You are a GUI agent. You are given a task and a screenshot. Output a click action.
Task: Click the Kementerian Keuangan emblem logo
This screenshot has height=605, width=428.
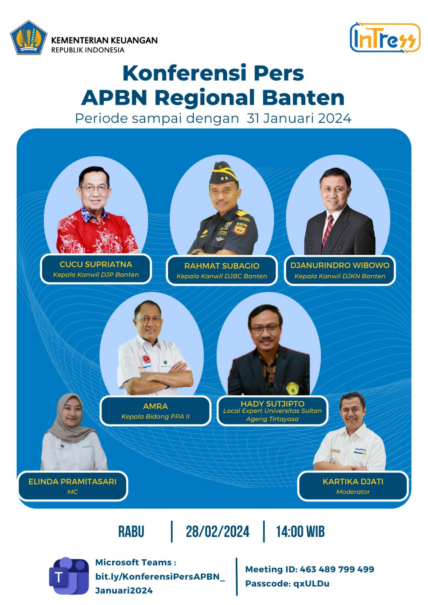tap(29, 37)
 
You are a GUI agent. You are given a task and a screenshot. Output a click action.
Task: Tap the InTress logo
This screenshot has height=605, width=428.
tap(385, 37)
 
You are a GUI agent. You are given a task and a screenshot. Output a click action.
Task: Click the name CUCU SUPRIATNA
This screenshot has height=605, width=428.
tap(96, 264)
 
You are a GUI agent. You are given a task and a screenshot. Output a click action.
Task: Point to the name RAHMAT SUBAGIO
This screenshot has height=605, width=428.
tap(222, 266)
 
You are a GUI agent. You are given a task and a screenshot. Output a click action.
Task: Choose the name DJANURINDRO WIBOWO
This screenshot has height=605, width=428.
tap(340, 265)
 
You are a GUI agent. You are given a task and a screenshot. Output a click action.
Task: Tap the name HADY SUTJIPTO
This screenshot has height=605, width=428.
tap(272, 404)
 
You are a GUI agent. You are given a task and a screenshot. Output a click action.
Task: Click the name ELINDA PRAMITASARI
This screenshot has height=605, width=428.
tap(72, 482)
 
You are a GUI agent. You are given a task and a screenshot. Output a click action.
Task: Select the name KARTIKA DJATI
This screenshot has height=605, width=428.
tap(353, 482)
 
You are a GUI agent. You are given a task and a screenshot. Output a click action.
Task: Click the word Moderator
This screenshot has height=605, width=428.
tap(353, 492)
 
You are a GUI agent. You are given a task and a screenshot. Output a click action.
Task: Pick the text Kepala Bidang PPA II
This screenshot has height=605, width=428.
tap(156, 416)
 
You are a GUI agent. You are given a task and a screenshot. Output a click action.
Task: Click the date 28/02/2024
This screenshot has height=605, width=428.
tap(218, 532)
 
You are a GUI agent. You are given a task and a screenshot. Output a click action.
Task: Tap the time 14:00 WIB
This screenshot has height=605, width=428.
tap(300, 532)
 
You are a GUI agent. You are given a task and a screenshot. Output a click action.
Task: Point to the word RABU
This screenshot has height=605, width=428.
tap(131, 532)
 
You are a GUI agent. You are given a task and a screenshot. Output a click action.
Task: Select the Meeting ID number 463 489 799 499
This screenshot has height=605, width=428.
tap(337, 569)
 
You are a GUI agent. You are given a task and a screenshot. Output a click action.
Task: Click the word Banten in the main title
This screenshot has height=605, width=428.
tap(303, 98)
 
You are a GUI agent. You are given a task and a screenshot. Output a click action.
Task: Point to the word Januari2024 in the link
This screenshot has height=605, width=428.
tap(124, 591)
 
